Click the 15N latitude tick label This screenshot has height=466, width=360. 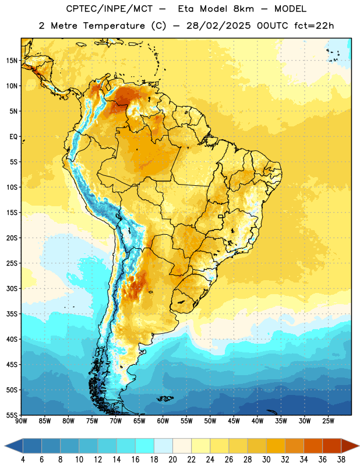pos(12,61)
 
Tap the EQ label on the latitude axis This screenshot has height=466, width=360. pos(13,137)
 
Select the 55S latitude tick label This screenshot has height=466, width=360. pos(12,415)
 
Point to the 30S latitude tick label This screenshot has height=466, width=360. pos(12,288)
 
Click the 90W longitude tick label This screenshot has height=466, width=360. pos(21,421)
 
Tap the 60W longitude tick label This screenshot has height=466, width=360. pos(163,421)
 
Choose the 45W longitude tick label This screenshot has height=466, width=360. pos(234,421)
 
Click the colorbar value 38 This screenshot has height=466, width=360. pos(341,460)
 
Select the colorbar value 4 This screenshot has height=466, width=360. pos(23,460)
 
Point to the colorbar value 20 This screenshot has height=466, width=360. pos(172,460)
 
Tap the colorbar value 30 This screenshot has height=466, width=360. pos(266,460)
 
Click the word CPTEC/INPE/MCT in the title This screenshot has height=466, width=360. pos(110,9)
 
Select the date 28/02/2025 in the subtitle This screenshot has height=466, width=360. pos(218,26)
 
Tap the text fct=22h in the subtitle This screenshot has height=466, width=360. pos(314,26)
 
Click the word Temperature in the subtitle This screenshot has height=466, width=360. pos(114,26)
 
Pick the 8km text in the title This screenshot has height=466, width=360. pos(243,9)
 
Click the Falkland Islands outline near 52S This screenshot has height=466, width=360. pos(165,398)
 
